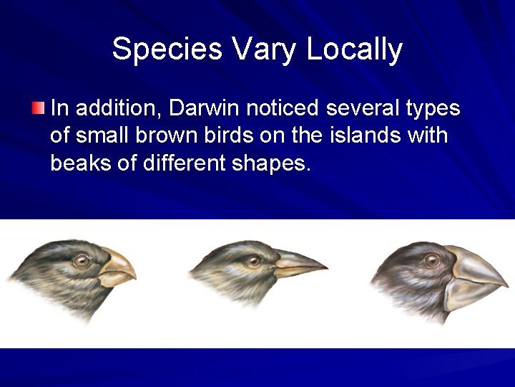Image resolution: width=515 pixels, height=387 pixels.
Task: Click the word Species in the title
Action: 167,49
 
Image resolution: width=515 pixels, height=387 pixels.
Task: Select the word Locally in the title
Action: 355,49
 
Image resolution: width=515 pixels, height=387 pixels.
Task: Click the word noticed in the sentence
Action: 284,109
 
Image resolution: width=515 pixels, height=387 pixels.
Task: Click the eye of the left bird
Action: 82,260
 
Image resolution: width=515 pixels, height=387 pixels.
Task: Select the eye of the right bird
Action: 431,261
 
